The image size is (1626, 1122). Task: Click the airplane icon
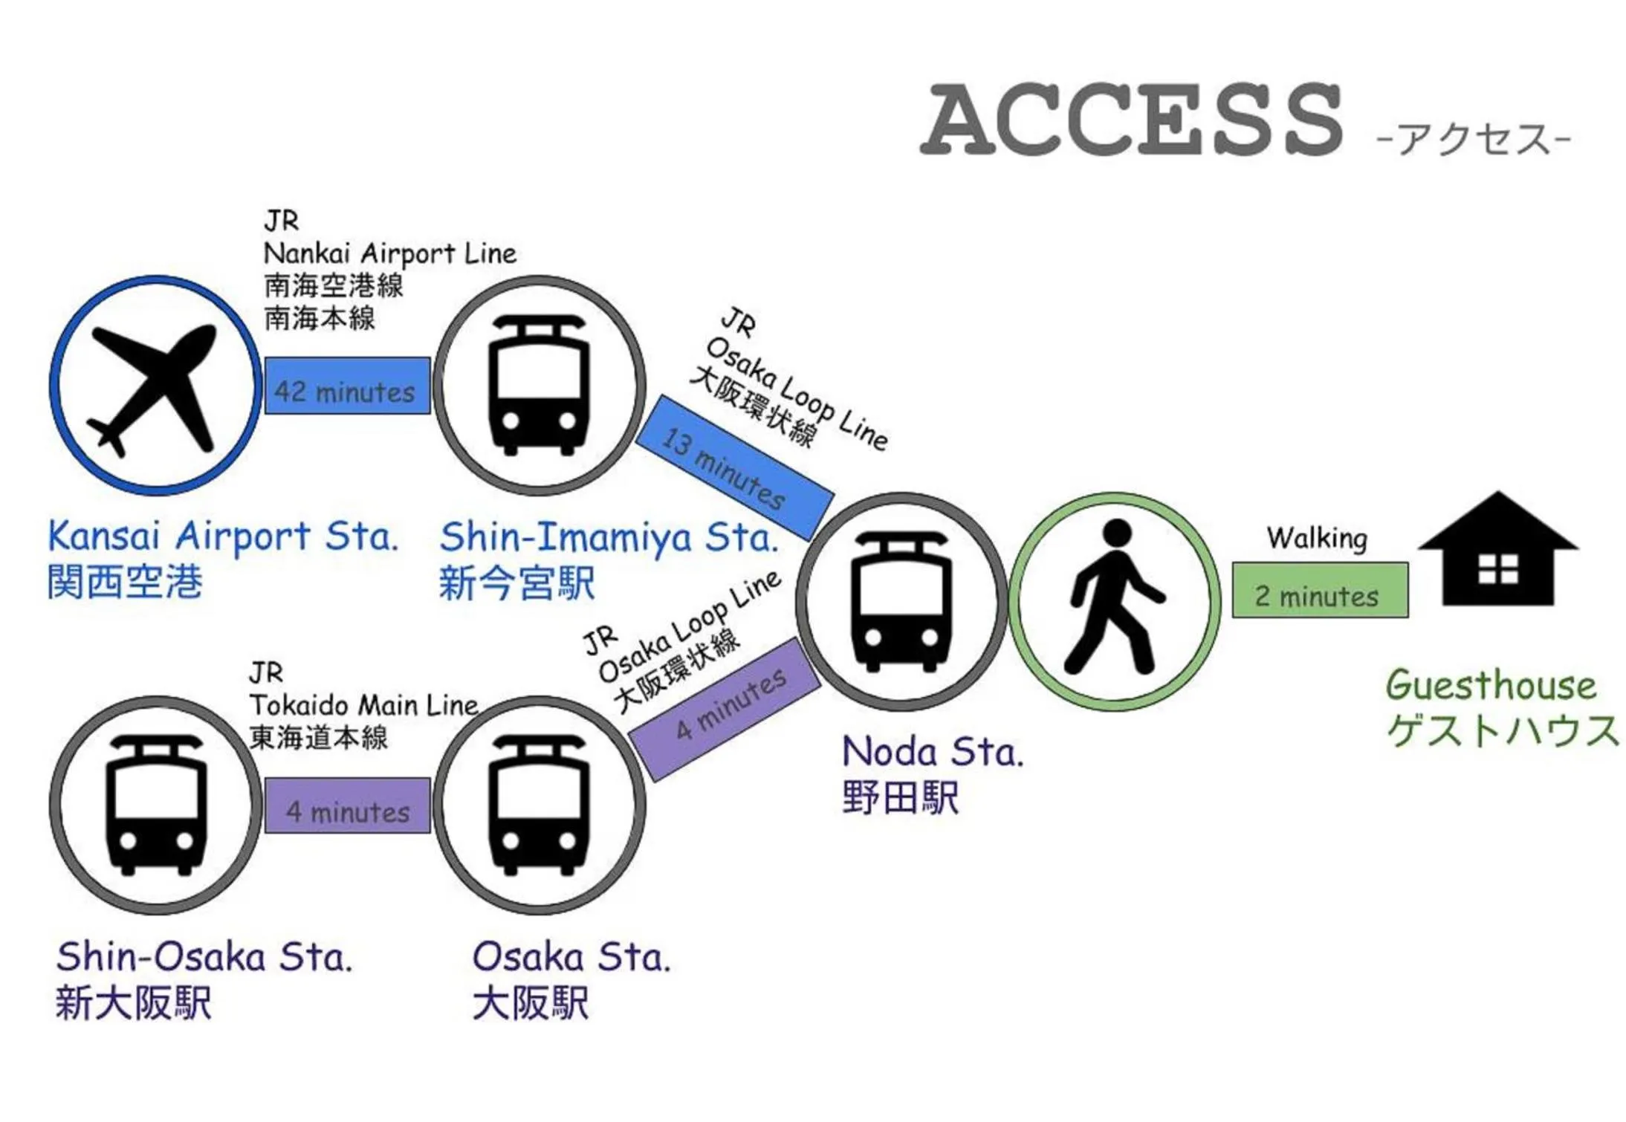[155, 386]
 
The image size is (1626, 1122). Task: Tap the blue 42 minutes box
[347, 386]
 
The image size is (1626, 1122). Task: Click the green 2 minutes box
[1319, 591]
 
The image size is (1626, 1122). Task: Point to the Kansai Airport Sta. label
[223, 536]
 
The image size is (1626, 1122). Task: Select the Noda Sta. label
[933, 752]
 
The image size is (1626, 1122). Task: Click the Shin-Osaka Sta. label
[204, 957]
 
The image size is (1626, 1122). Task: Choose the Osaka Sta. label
[571, 957]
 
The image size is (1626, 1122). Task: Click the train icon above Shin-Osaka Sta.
[155, 804]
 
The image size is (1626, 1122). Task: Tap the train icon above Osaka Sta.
[539, 804]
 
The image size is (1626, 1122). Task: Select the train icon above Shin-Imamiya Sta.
[539, 385]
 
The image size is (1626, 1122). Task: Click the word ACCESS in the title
[1131, 119]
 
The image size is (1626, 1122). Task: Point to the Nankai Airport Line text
[389, 254]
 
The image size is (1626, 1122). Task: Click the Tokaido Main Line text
[364, 705]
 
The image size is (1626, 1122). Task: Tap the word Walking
[1317, 538]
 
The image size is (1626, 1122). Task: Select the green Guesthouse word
[1490, 685]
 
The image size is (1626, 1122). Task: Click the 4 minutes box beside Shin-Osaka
[347, 806]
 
